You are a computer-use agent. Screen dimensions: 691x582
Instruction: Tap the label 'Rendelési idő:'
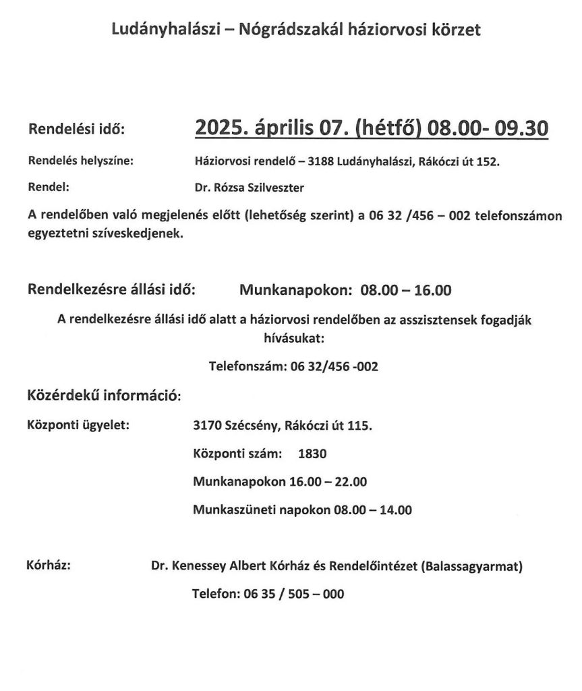76,129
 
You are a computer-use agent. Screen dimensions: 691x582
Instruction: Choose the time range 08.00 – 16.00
405,291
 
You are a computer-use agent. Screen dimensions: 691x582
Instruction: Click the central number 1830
312,454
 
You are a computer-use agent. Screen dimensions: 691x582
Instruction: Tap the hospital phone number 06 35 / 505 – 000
292,595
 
